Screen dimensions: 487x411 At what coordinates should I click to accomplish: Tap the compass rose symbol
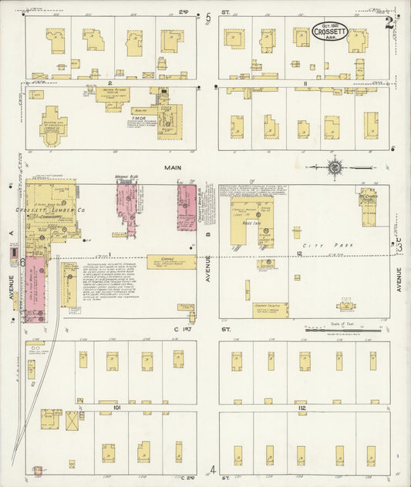[335, 166]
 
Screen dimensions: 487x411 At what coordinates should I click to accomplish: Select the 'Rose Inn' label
[250, 222]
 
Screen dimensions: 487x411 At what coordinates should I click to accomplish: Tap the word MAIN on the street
[172, 166]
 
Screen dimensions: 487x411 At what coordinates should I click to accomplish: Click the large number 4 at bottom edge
[212, 469]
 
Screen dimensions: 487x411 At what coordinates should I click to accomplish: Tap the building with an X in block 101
[72, 421]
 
